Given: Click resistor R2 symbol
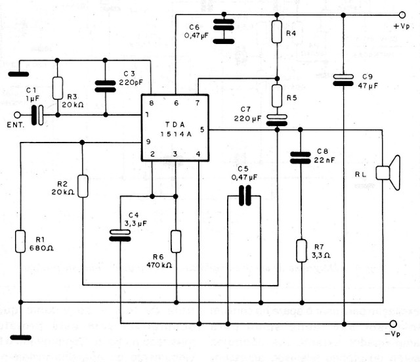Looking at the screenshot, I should (83, 186).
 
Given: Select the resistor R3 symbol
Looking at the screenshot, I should (58, 88).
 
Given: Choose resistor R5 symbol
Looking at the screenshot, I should (277, 94).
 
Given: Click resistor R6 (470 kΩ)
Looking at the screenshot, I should (176, 241).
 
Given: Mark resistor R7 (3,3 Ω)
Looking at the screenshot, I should (301, 250).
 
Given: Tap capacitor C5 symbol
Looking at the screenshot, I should (244, 196).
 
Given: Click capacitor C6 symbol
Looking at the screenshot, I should (224, 31).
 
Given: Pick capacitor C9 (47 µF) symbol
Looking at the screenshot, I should (343, 79).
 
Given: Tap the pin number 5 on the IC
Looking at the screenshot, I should (201, 129).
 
